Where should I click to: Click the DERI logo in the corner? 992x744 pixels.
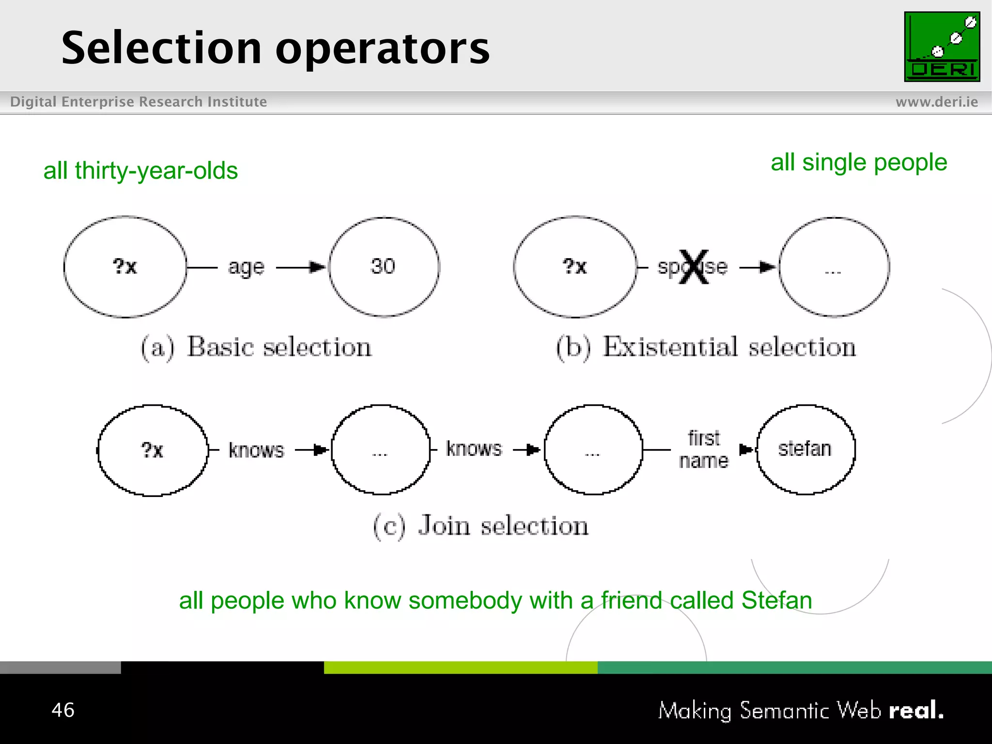(x=942, y=46)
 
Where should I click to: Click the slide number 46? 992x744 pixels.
(x=63, y=710)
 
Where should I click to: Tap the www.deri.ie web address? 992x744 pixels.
(x=936, y=102)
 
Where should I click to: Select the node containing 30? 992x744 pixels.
(x=384, y=267)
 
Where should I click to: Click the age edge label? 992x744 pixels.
(x=246, y=267)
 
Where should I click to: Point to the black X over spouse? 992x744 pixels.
(x=694, y=266)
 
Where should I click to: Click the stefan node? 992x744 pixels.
(x=806, y=449)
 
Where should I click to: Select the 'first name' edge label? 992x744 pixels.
(x=704, y=449)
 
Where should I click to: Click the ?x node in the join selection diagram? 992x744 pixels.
(x=153, y=450)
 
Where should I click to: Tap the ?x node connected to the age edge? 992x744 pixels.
(x=125, y=267)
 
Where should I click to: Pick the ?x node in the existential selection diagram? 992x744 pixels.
(x=575, y=267)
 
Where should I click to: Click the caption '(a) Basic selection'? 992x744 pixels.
(x=256, y=347)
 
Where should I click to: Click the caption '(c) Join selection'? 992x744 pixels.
(x=480, y=526)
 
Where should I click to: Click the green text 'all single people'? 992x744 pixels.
(x=858, y=162)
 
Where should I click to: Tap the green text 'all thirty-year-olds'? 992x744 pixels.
(x=140, y=170)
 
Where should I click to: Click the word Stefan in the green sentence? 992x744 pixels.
(x=776, y=601)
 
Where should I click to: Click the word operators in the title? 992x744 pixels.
(x=383, y=48)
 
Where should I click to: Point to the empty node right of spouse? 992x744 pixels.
(x=834, y=267)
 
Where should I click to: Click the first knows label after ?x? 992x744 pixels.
(x=256, y=450)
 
